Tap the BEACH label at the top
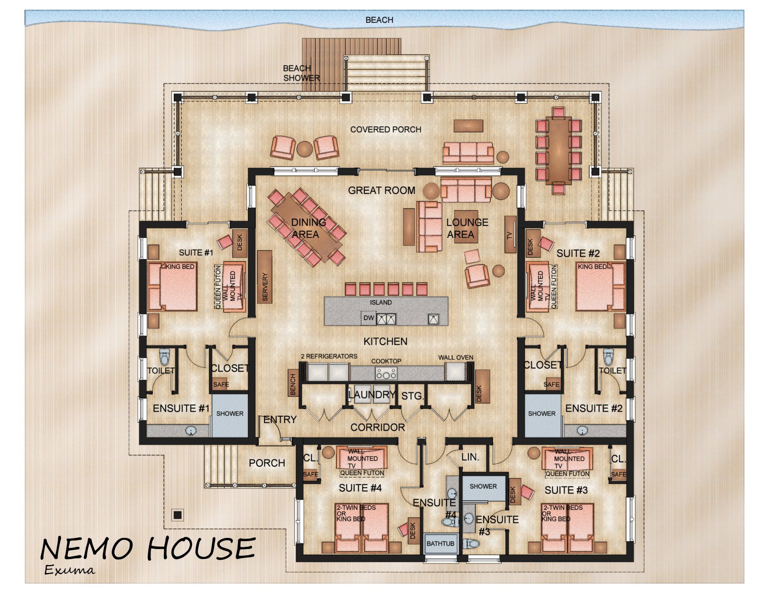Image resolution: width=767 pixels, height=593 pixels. pos(380,20)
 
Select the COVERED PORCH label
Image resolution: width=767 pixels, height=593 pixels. pos(386,129)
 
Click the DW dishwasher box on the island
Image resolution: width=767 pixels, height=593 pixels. pos(368,318)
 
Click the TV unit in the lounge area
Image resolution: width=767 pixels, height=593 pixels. pos(511,234)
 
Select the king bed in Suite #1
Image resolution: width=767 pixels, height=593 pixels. pos(173,286)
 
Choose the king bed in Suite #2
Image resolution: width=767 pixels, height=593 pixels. pos(600,286)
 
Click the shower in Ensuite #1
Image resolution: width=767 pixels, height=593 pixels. pos(230,416)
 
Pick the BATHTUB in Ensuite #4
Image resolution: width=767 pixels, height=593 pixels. pos(440,543)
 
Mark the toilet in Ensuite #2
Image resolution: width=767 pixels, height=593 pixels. pos(608,357)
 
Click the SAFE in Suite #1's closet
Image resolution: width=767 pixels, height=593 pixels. pos(221,384)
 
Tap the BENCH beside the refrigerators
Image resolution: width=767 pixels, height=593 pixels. pos(293,384)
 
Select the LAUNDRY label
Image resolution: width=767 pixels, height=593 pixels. pos(372,395)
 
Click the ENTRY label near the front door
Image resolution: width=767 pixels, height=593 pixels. pos(280,419)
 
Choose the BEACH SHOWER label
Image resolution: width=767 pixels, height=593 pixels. pos(302,73)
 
